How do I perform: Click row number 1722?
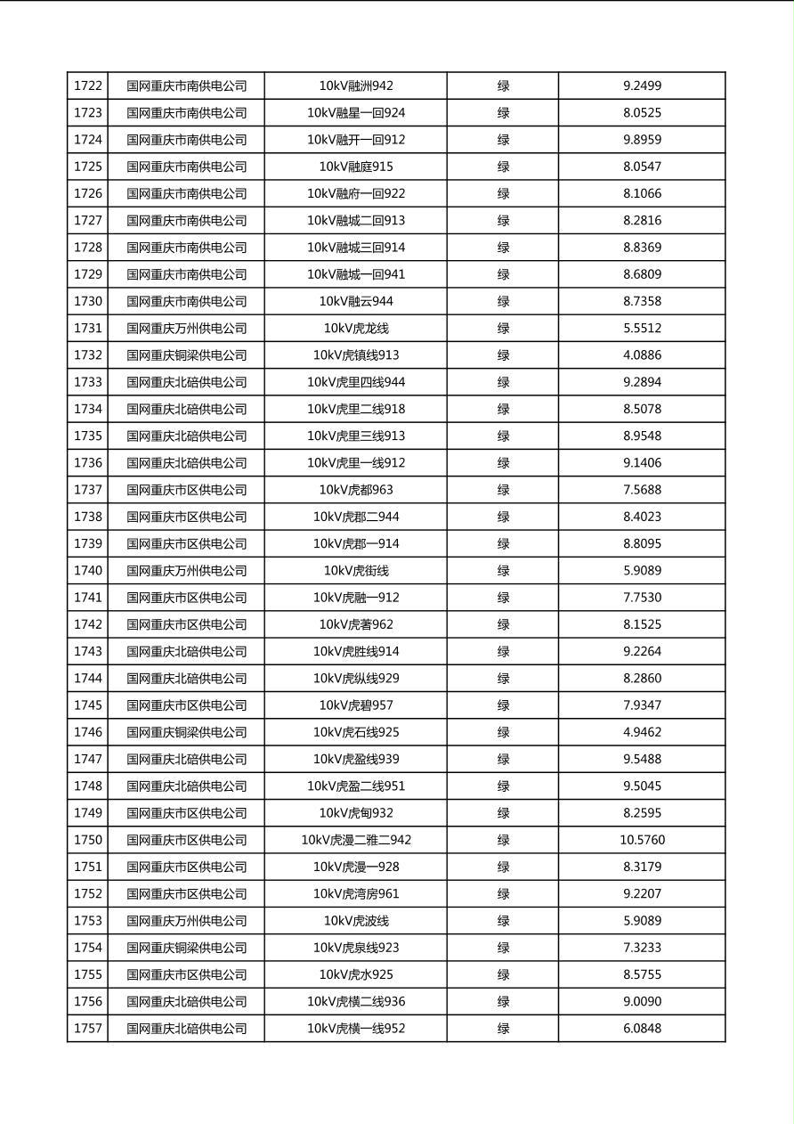(x=88, y=86)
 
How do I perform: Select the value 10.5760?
(x=642, y=840)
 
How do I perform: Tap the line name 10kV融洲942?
(x=356, y=86)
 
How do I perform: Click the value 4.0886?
(x=642, y=355)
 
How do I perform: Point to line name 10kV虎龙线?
(x=356, y=329)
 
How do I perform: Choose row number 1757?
(x=88, y=1029)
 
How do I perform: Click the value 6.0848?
(x=642, y=1029)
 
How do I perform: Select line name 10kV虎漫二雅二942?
(x=356, y=840)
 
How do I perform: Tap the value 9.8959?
(x=642, y=140)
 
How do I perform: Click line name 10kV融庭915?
(x=356, y=167)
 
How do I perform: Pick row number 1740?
(x=88, y=571)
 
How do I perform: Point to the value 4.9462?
(x=642, y=732)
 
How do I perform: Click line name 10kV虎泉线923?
(x=356, y=948)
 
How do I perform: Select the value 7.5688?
(x=642, y=490)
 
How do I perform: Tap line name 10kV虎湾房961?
(x=356, y=894)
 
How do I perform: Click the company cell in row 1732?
(x=186, y=355)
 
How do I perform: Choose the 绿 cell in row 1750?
(x=503, y=840)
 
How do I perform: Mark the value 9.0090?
(x=642, y=1002)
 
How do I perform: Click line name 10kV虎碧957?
(x=356, y=705)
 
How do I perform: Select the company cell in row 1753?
(x=186, y=921)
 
